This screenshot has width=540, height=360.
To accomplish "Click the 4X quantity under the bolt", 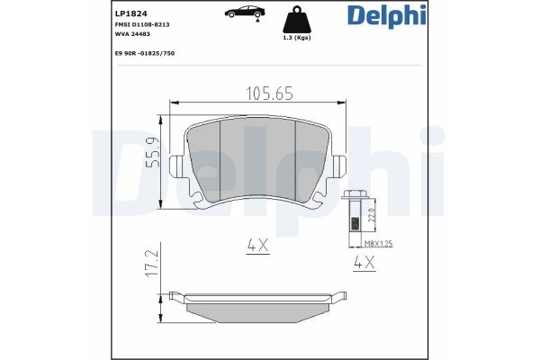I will point(364,264).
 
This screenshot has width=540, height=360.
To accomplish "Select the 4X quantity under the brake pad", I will point(259,244).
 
